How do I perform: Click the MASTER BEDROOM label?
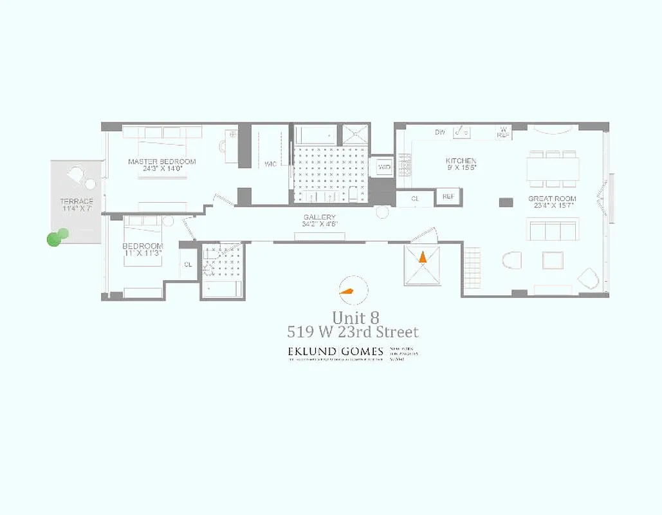[x=161, y=162]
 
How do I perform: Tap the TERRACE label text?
[x=77, y=201]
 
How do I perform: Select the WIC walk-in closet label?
[x=270, y=164]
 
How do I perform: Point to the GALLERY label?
[x=320, y=218]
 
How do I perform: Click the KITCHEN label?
[x=461, y=161]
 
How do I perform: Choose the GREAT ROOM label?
[x=552, y=199]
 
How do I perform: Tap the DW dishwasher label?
[x=440, y=133]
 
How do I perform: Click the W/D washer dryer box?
[x=385, y=167]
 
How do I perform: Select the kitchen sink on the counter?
[x=461, y=131]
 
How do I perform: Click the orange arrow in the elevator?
[x=422, y=257]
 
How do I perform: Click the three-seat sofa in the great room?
[x=552, y=229]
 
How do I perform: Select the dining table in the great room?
[x=552, y=169]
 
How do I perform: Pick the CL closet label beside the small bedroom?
[x=188, y=265]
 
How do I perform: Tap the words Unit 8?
[x=355, y=317]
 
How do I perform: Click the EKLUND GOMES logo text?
[x=335, y=351]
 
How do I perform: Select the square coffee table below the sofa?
[x=553, y=259]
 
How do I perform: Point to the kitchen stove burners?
[x=405, y=165]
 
